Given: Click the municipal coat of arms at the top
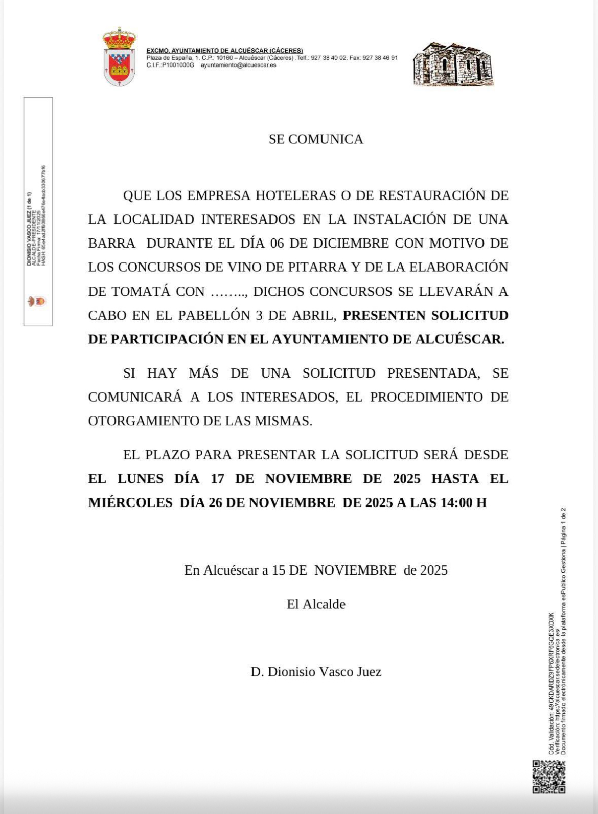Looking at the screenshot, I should (119, 57).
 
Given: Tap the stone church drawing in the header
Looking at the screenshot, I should (453, 64).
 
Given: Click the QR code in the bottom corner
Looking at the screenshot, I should (548, 776).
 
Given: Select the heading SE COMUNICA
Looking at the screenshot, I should (316, 139).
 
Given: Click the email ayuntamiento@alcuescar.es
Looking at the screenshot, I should (238, 65).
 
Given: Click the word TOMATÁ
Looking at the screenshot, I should (141, 291).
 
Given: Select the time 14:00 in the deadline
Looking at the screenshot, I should (456, 503).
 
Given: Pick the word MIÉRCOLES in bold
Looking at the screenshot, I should (130, 503).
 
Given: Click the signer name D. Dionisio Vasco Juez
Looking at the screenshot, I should (316, 672).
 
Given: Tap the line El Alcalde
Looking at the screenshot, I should (316, 604).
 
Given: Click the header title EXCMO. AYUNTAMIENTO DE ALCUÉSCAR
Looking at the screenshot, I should (224, 51).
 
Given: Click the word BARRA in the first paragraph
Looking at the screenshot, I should (112, 243).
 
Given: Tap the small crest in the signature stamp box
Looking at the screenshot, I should (37, 301).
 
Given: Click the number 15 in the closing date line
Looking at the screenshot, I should (278, 570).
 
